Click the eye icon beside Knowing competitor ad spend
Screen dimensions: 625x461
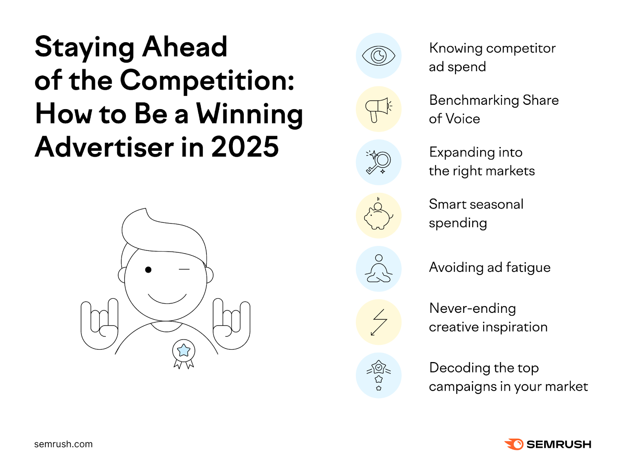coord(379,56)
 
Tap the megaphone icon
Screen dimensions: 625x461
coord(379,110)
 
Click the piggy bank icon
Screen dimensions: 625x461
coord(379,215)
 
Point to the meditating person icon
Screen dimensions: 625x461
coord(379,269)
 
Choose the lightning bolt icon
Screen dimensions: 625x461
coord(379,322)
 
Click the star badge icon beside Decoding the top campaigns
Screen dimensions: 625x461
coord(379,375)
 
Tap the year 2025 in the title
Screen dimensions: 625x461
coord(245,147)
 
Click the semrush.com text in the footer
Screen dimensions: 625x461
coord(63,444)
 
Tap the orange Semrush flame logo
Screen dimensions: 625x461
coord(514,444)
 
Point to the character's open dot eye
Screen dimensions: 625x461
coord(148,270)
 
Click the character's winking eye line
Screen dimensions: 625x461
coord(184,269)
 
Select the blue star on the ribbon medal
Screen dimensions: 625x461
coord(184,350)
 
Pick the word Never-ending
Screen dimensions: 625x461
coord(472,309)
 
